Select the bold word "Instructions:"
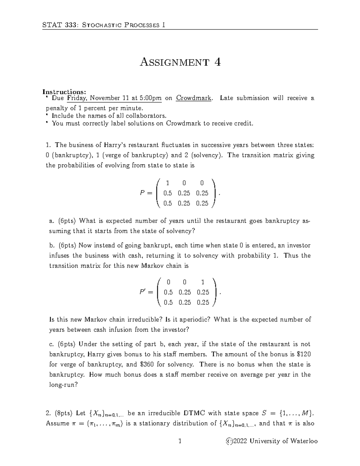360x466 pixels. click(x=64, y=92)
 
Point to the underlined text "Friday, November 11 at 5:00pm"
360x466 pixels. click(x=114, y=98)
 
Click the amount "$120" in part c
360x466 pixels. click(x=303, y=354)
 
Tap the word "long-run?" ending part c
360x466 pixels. click(x=63, y=385)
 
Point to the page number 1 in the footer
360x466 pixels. click(x=180, y=441)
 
